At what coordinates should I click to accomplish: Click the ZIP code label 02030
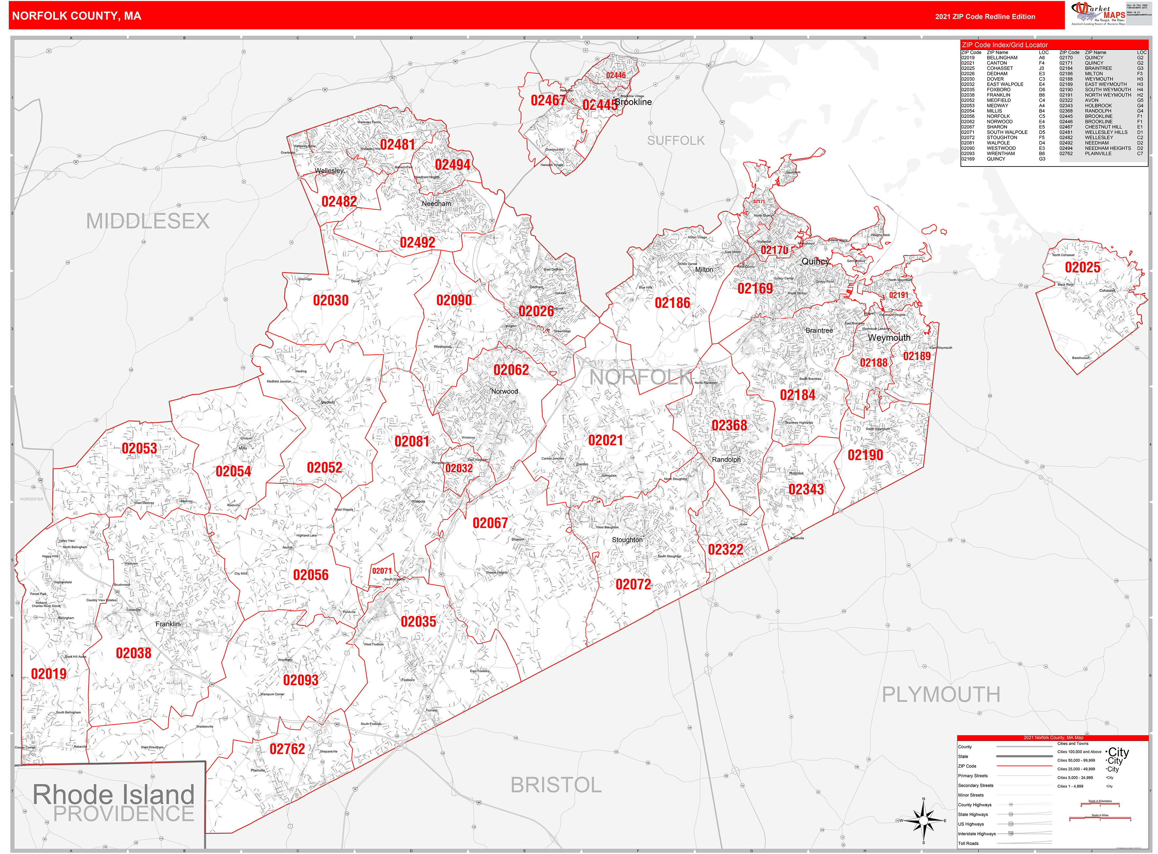click(x=330, y=300)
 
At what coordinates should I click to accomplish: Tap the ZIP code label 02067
click(x=490, y=523)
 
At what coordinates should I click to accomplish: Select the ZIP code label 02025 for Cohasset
click(x=1082, y=268)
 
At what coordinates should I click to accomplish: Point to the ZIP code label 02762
click(x=287, y=749)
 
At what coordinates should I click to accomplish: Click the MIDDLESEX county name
click(x=148, y=221)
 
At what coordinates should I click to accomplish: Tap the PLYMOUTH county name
click(x=940, y=694)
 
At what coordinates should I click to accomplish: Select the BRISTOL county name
click(x=556, y=785)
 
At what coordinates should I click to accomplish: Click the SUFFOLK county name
click(x=676, y=141)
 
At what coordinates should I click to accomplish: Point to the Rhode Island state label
click(x=114, y=795)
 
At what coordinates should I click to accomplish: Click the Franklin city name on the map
click(x=168, y=624)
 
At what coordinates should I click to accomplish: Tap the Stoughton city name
click(x=627, y=540)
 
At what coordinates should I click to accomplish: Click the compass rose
click(x=923, y=820)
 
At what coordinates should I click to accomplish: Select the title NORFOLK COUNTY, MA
click(x=76, y=16)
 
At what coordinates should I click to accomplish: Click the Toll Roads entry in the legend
click(x=968, y=843)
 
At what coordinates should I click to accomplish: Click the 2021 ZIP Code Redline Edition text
click(x=984, y=16)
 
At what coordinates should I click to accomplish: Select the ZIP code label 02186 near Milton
click(x=672, y=303)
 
